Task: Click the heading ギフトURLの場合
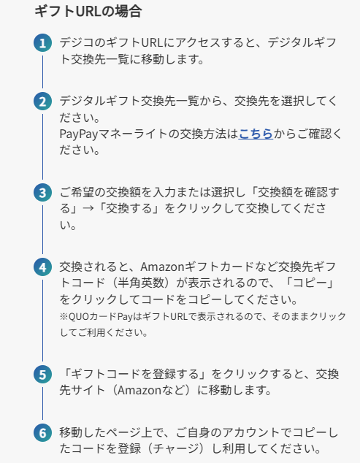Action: coord(88,12)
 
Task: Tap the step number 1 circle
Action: coord(43,43)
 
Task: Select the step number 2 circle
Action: coord(43,102)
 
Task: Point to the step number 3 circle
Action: coord(43,193)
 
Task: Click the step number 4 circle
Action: coord(43,267)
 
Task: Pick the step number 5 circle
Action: coord(43,375)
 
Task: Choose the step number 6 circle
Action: coord(43,432)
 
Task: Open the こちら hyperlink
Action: coord(256,134)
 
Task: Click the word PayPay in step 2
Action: coord(79,134)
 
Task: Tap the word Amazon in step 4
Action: coord(162,267)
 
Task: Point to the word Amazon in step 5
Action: coord(139,391)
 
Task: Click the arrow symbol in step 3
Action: coord(88,208)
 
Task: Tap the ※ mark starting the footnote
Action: coord(64,316)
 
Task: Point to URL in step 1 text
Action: coord(152,43)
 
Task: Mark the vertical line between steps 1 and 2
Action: coord(43,72)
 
